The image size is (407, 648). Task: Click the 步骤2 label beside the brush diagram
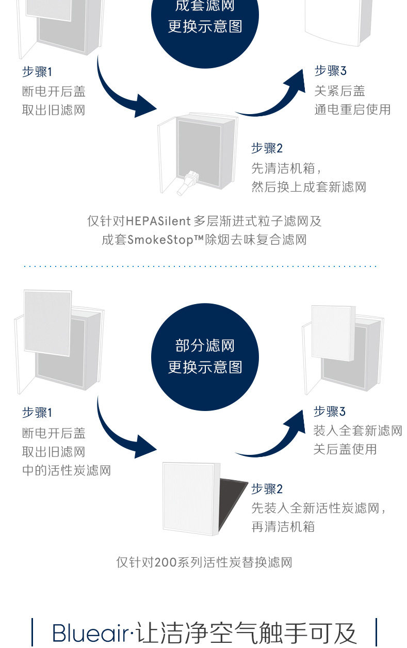coord(267,149)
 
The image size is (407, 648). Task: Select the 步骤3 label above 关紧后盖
coord(330,71)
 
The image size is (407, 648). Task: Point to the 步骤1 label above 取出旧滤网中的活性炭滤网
coord(37,413)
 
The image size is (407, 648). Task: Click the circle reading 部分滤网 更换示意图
coord(205,357)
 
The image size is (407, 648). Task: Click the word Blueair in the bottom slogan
coord(91,633)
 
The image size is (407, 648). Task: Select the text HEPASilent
coord(158,222)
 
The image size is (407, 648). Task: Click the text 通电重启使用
coord(352,109)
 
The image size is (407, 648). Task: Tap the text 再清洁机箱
coord(283,527)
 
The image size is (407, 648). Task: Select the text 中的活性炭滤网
coord(66,470)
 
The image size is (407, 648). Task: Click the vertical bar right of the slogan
coord(376,633)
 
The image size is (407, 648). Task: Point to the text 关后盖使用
coord(345,449)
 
